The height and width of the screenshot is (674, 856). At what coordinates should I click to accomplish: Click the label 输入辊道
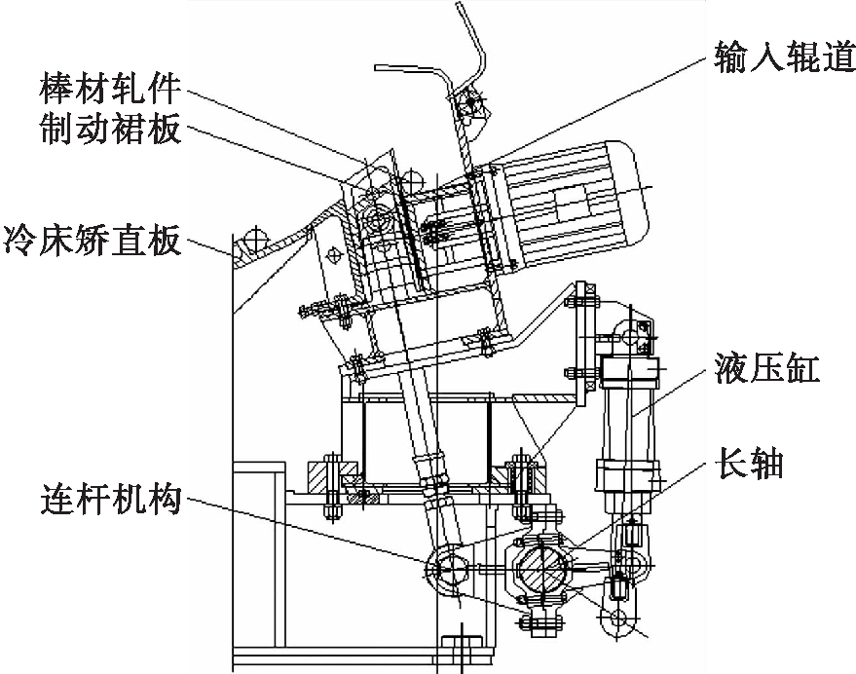pos(785,57)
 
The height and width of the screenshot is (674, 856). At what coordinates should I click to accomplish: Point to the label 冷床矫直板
pos(92,240)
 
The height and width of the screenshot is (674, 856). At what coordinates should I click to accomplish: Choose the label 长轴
pos(749,464)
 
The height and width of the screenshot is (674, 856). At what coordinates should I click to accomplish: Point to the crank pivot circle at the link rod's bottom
pos(447,569)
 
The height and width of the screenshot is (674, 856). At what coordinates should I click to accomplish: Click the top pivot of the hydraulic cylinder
pos(633,333)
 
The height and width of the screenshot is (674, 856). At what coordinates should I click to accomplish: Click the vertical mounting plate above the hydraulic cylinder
pos(581,344)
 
